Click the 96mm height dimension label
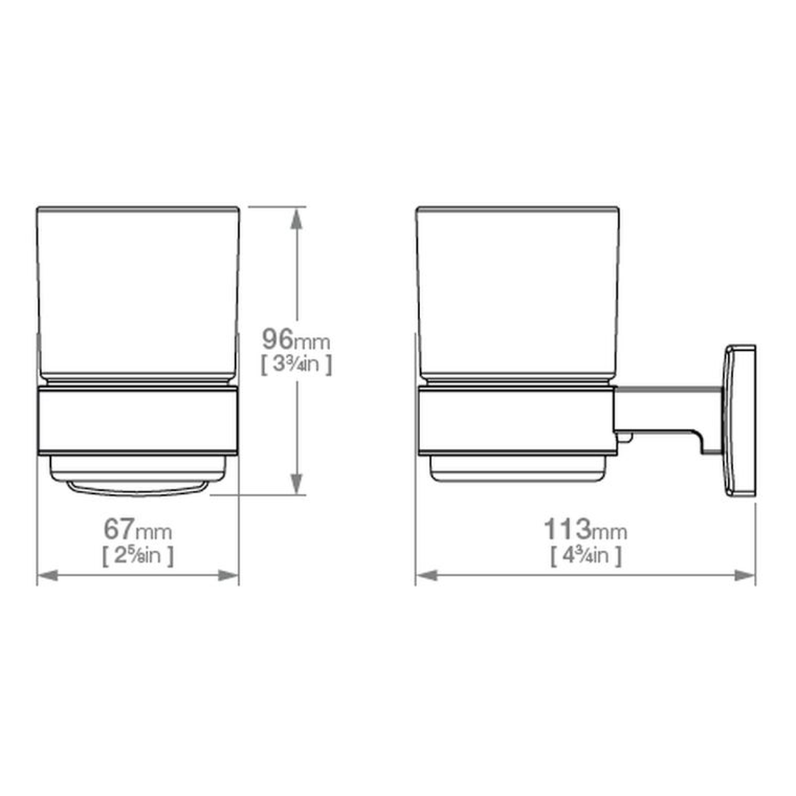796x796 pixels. coord(296,340)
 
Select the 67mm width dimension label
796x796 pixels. coord(138,529)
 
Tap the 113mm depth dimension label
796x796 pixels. coord(585,529)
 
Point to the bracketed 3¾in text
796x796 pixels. coord(296,364)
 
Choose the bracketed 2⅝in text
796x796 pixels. coord(138,555)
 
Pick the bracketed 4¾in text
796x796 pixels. coord(587,555)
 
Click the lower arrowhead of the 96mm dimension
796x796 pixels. coord(296,483)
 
